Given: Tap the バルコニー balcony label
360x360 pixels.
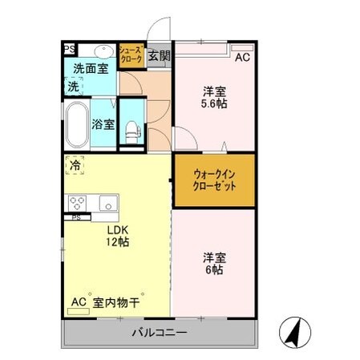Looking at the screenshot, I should click(x=160, y=332).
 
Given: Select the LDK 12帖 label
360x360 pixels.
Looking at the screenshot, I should click(x=118, y=235).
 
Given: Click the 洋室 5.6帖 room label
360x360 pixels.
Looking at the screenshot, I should click(x=214, y=98).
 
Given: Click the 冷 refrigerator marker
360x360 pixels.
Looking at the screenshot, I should click(x=75, y=166).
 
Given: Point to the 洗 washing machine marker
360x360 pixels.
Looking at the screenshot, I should click(x=74, y=87).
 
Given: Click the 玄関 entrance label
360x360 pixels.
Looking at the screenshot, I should click(x=160, y=56).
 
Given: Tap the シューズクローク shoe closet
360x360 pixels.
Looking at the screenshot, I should click(x=131, y=55).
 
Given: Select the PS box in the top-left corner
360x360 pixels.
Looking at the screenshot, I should click(x=70, y=49).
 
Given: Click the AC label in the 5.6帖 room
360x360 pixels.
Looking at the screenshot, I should click(x=241, y=57).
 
